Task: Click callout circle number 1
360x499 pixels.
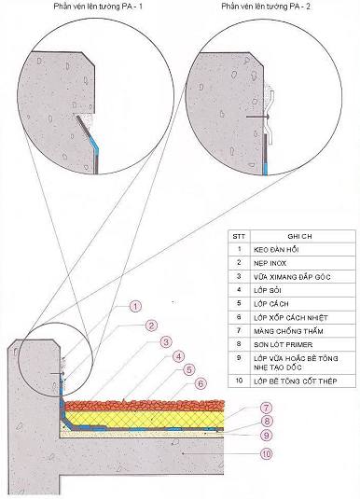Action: [135, 307]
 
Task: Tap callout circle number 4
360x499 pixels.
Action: [178, 356]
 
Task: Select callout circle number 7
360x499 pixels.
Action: [266, 408]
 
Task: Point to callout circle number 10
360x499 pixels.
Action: [266, 454]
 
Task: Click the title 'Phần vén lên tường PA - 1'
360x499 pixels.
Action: [98, 7]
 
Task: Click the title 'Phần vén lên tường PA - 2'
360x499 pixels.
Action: [266, 7]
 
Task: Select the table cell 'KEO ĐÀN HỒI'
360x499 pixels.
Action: [276, 250]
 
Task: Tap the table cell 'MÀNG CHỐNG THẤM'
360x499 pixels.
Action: [288, 331]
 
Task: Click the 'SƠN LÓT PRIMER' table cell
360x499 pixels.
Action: [283, 345]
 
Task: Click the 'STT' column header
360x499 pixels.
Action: [239, 237]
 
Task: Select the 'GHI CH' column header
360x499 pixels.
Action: [299, 237]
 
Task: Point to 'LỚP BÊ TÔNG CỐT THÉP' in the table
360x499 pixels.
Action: [295, 381]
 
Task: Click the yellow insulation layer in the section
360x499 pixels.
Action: [145, 419]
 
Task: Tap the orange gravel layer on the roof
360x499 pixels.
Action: [145, 405]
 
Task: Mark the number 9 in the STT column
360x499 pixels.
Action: [239, 358]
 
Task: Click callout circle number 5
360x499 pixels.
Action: [189, 369]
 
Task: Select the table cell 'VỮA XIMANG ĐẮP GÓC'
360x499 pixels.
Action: [292, 277]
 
